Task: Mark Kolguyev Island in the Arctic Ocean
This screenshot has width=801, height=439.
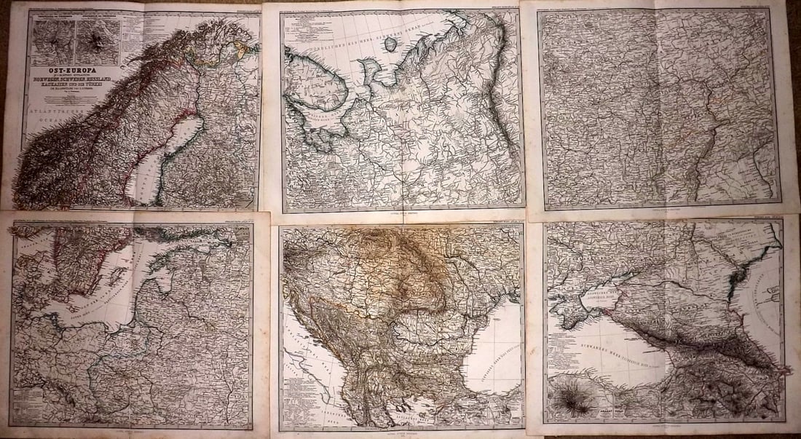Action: coord(391,44)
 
